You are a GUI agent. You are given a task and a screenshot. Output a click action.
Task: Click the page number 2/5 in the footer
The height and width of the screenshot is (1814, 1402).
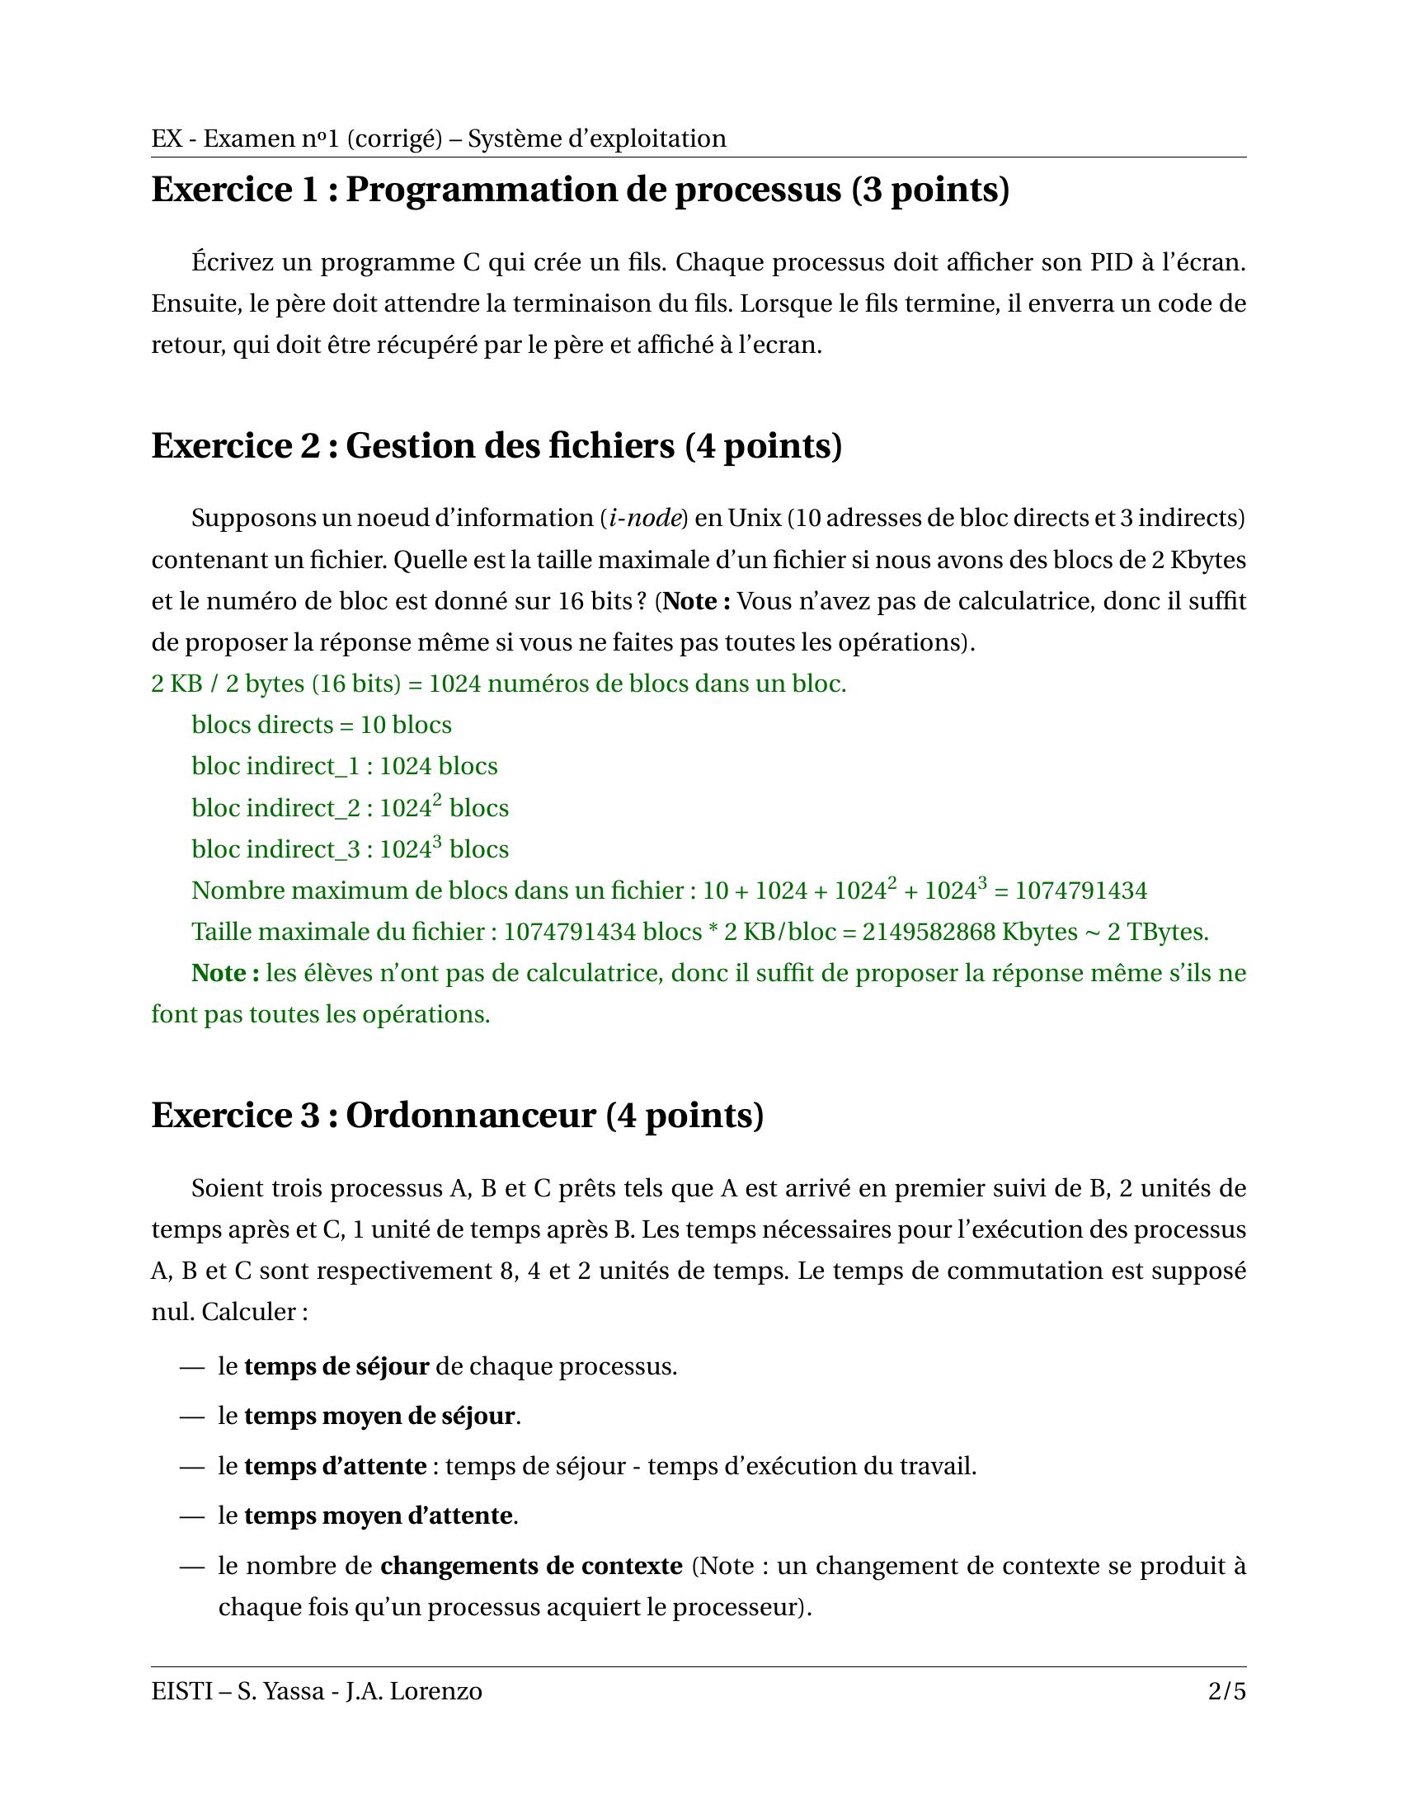(x=1227, y=1691)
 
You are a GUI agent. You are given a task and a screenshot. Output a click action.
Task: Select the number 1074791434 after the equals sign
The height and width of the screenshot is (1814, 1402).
(x=1080, y=891)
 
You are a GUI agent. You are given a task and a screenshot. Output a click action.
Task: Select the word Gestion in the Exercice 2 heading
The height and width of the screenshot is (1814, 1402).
(x=407, y=446)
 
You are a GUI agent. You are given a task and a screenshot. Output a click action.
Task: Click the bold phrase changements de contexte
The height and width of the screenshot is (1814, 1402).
(x=531, y=1566)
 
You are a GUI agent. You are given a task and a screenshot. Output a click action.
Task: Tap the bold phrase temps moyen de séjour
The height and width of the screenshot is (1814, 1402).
(x=379, y=1415)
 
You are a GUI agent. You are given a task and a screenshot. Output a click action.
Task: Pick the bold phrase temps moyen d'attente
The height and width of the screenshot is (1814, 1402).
(x=377, y=1516)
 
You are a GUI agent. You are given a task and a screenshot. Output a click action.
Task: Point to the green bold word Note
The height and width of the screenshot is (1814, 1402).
(x=219, y=973)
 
